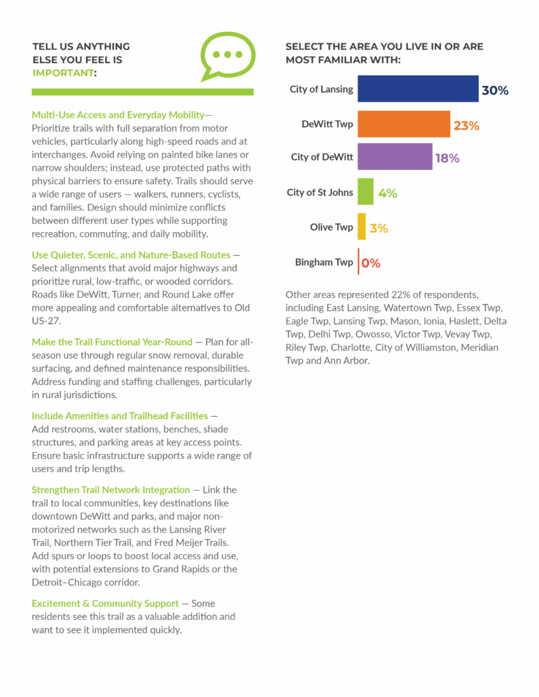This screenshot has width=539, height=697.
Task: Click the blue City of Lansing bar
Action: coord(418,89)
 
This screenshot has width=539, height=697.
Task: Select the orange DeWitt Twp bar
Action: coord(404,124)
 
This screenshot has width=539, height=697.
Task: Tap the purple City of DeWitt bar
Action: coord(395,156)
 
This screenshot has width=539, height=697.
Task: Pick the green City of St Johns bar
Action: coord(366,192)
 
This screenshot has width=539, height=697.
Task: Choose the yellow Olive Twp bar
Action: coord(362,227)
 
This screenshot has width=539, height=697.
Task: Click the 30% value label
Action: coord(495,90)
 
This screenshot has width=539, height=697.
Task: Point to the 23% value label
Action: coord(466,126)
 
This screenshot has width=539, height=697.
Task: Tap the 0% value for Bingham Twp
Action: coord(371,263)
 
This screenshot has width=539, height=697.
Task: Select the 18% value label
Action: coord(448,158)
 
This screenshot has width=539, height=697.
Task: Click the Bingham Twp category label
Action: coord(324,263)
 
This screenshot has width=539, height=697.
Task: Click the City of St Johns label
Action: coord(320,192)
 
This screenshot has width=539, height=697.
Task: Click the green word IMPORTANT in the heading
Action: coord(63,73)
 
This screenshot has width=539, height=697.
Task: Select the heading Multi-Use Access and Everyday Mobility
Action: coord(118,115)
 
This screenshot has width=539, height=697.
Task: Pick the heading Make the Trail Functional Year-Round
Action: coord(112,342)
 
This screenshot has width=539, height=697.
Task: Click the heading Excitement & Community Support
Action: coord(105,603)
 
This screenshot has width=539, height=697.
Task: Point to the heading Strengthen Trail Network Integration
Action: coord(111,490)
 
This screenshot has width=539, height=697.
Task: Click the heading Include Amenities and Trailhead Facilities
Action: coord(120,415)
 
